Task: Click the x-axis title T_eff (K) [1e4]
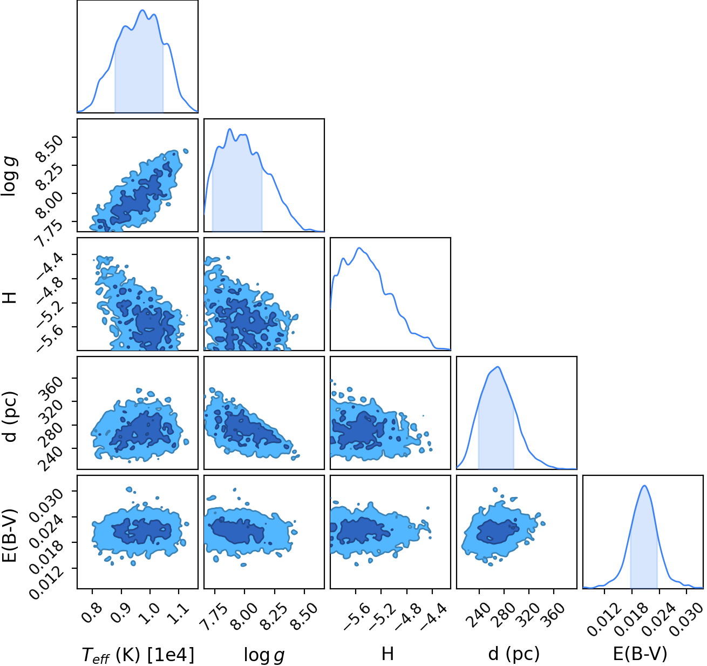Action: (138, 655)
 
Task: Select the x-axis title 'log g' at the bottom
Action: (264, 655)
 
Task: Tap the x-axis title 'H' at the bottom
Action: (388, 654)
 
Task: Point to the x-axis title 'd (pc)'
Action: (514, 654)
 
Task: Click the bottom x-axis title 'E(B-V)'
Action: (640, 654)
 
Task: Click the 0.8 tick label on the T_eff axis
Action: (92, 613)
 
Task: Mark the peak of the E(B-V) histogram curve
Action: (644, 486)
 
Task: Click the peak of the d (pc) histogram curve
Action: (498, 367)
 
